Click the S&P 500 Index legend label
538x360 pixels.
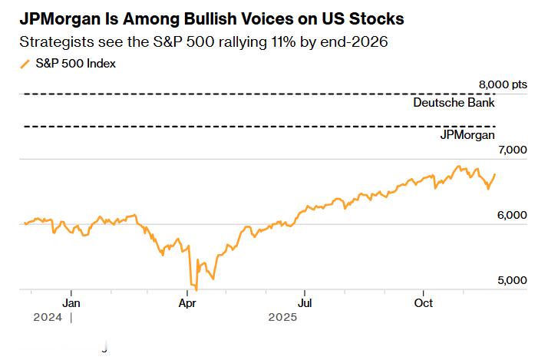click(x=76, y=64)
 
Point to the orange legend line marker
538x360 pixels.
click(x=25, y=64)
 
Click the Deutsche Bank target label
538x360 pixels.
click(x=454, y=102)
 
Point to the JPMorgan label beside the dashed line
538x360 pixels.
click(x=467, y=134)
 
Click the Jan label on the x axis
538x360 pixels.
click(x=71, y=302)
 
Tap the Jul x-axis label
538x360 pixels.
click(x=305, y=302)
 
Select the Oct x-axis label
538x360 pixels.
click(x=423, y=302)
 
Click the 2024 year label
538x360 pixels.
click(x=48, y=316)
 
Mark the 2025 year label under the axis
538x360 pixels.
click(x=282, y=316)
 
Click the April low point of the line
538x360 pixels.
click(x=196, y=289)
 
